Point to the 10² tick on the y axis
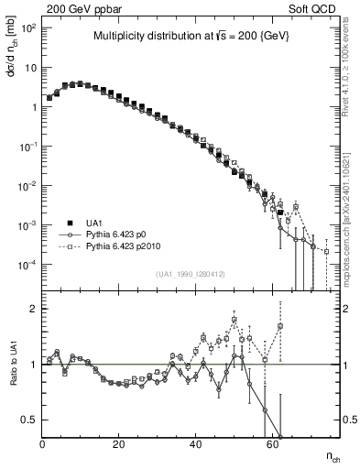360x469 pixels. click(x=27, y=28)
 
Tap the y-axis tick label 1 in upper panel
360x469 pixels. click(x=32, y=107)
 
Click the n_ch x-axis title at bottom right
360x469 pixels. click(x=335, y=456)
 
